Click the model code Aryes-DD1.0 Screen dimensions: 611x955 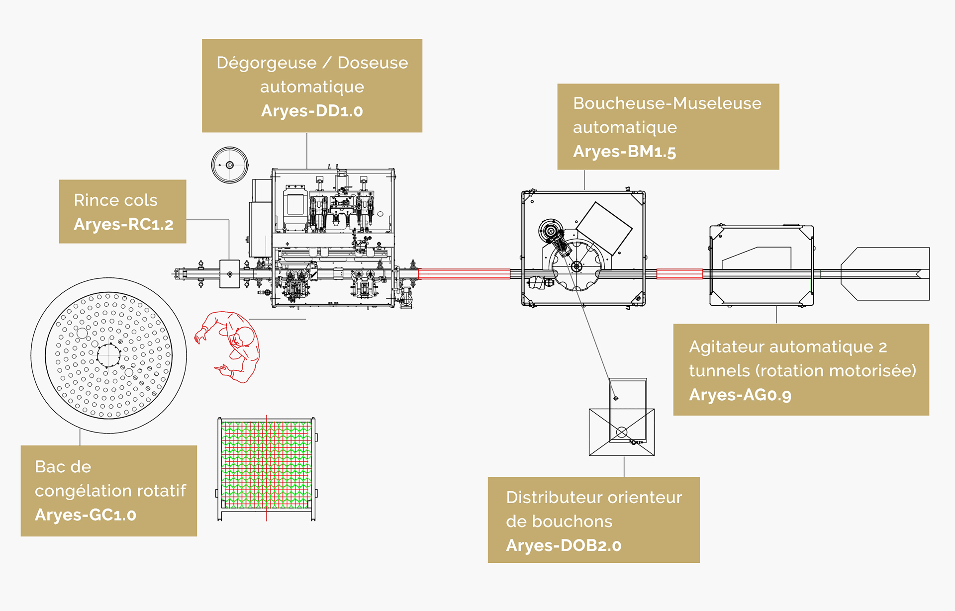point(312,110)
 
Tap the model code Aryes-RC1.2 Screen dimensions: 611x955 point(123,224)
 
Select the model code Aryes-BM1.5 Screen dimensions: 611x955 point(624,151)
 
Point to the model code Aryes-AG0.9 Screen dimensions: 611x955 point(740,395)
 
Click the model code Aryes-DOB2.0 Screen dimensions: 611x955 point(564,545)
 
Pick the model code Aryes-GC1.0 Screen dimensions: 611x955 point(86,515)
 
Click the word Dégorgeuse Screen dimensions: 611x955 point(266,63)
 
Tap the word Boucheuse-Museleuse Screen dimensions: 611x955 point(667,103)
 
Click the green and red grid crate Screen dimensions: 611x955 point(267,465)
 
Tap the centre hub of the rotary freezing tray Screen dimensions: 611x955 point(108,355)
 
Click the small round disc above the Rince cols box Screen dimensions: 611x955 point(230,165)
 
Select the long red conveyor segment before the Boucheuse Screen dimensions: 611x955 point(464,274)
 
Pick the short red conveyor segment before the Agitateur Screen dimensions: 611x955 point(679,274)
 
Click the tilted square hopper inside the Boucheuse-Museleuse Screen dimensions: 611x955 point(604,228)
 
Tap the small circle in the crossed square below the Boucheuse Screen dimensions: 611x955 point(622,432)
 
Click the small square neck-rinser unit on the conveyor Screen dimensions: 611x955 point(230,274)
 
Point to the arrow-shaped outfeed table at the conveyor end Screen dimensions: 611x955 point(885,274)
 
